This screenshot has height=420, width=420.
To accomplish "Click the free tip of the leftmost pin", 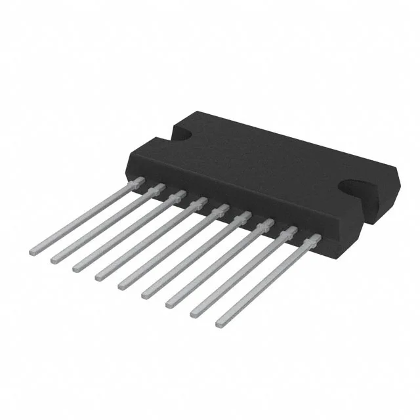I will point(33,251).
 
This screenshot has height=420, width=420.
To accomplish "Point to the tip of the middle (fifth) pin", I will point(121,286).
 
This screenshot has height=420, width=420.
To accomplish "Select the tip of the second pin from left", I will point(54,259).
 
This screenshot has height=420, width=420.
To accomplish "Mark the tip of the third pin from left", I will point(75,268).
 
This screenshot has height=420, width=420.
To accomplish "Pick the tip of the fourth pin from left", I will point(98,277).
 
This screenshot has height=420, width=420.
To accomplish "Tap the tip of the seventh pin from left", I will point(169,304).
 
